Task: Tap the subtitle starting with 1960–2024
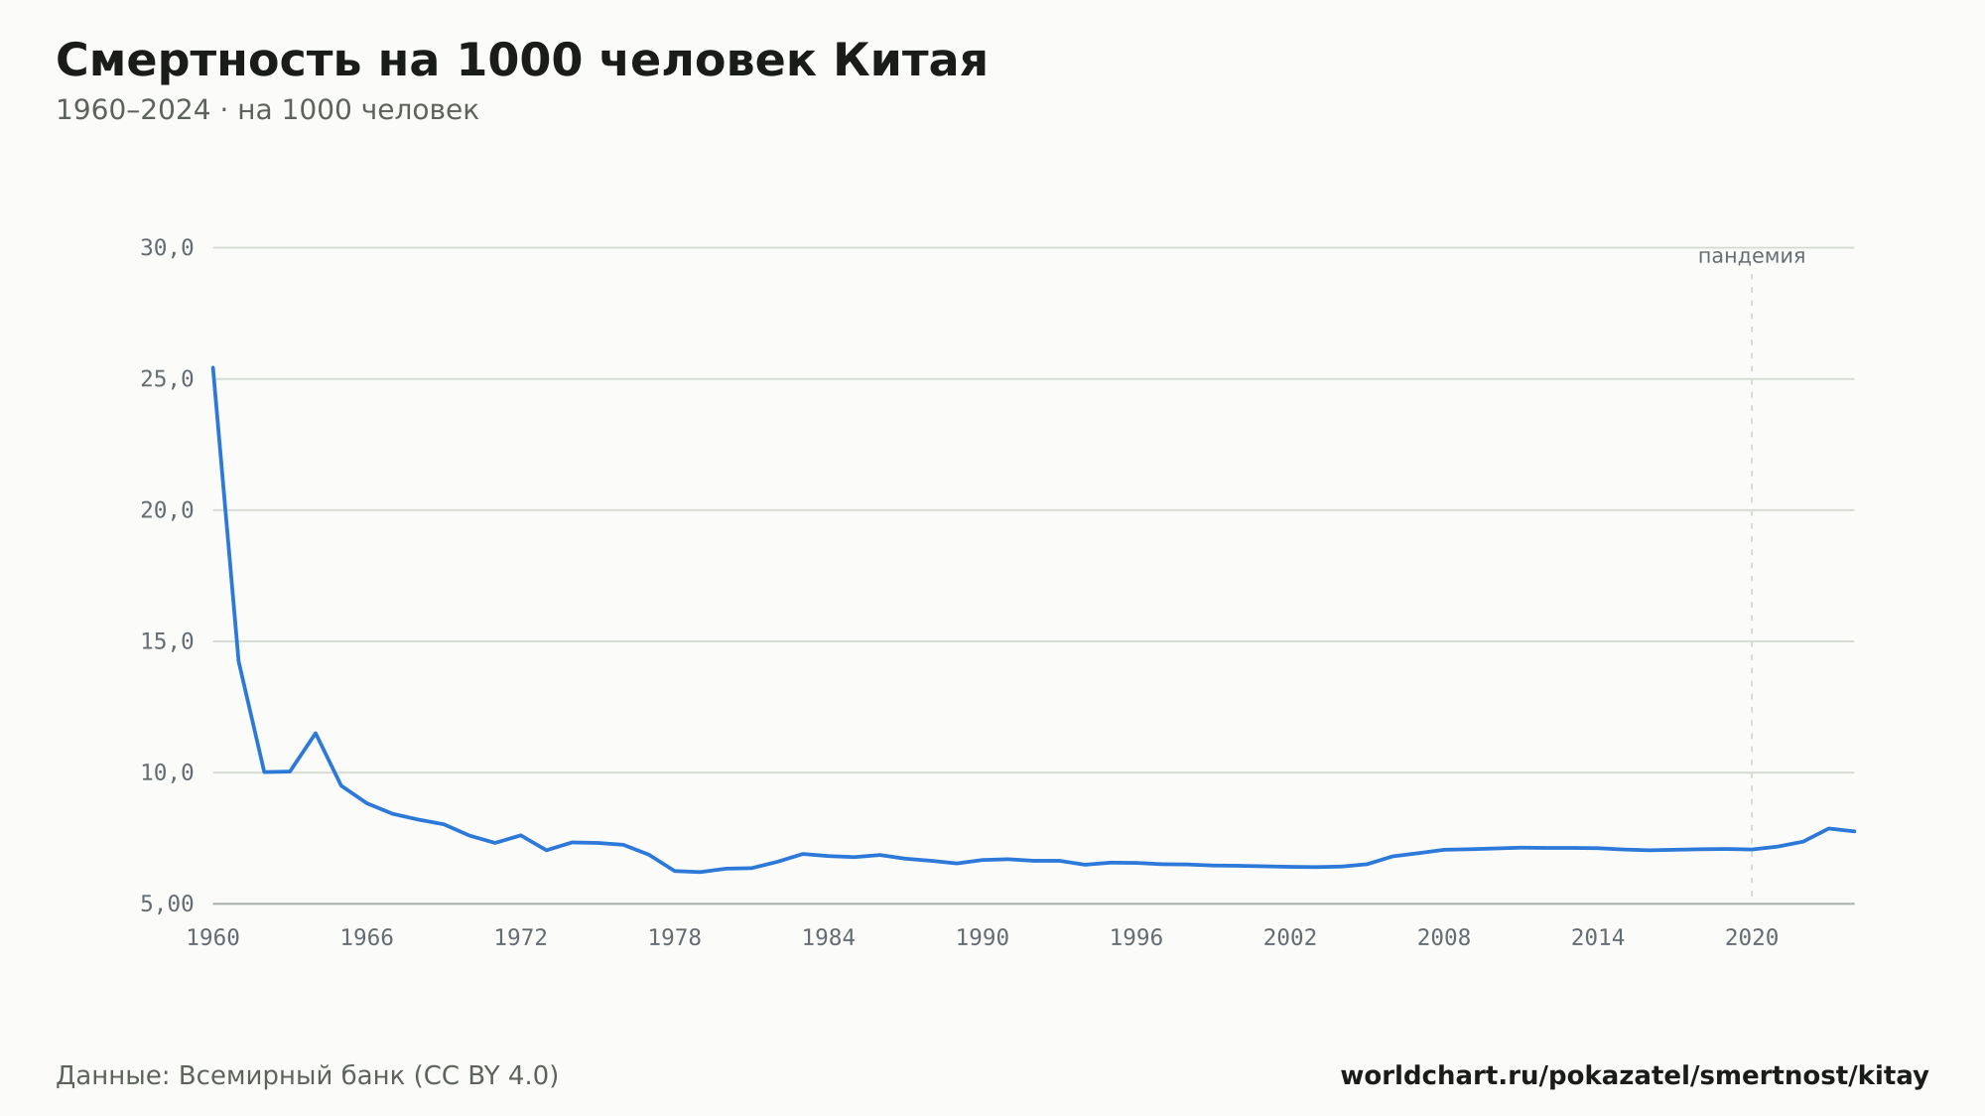pyautogui.click(x=267, y=110)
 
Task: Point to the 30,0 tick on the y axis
pyautogui.click(x=167, y=248)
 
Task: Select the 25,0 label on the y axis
pyautogui.click(x=167, y=379)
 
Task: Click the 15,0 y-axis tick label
pyautogui.click(x=167, y=641)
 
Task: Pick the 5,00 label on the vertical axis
pyautogui.click(x=167, y=904)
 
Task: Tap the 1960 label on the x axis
pyautogui.click(x=213, y=938)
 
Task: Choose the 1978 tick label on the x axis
pyautogui.click(x=675, y=938)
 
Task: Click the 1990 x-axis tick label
pyautogui.click(x=983, y=938)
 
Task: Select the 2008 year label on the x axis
pyautogui.click(x=1444, y=938)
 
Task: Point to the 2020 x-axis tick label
pyautogui.click(x=1752, y=938)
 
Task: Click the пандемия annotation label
pyautogui.click(x=1752, y=256)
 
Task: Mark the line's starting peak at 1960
pyautogui.click(x=213, y=368)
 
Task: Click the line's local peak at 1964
pyautogui.click(x=316, y=734)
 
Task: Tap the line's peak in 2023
pyautogui.click(x=1828, y=828)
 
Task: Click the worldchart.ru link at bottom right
pyautogui.click(x=1635, y=1076)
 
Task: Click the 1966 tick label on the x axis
pyautogui.click(x=367, y=938)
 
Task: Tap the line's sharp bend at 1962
pyautogui.click(x=264, y=771)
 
